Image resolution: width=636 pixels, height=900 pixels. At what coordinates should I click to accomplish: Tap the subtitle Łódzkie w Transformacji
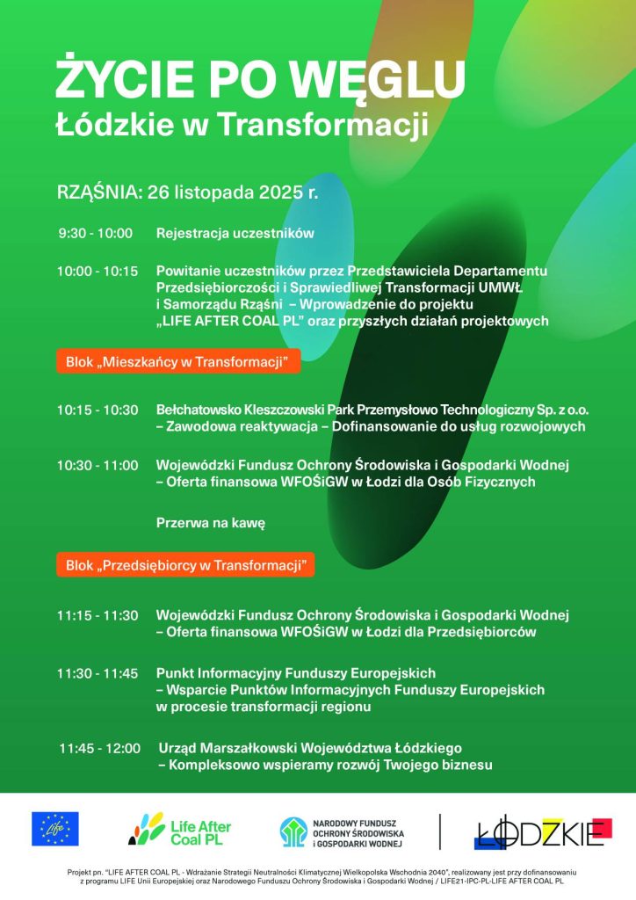tap(242, 124)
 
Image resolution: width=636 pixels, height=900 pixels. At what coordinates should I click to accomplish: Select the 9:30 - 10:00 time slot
tap(95, 234)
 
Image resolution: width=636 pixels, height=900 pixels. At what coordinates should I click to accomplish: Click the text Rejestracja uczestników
tap(235, 234)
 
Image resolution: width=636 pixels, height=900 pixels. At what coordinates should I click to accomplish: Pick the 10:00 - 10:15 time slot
tap(98, 272)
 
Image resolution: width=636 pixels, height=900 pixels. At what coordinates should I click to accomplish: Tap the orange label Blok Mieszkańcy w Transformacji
tap(179, 361)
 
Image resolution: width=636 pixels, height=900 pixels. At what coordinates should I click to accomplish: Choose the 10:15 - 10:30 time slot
tap(98, 410)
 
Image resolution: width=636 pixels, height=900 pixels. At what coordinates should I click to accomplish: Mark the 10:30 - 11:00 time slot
tap(98, 465)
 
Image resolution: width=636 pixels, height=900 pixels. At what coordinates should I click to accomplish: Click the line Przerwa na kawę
tap(210, 523)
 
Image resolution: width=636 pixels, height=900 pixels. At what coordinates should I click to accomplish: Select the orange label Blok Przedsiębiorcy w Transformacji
tap(185, 565)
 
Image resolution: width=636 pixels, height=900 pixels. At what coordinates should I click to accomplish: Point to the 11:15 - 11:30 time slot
tap(98, 614)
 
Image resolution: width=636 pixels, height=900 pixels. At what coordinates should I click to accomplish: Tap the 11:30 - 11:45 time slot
tap(98, 673)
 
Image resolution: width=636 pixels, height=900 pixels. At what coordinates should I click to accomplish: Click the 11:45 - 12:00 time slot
tap(99, 748)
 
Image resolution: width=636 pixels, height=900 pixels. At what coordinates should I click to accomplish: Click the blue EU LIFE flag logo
tap(55, 829)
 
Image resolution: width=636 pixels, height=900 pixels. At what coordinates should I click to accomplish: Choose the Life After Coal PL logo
tap(179, 829)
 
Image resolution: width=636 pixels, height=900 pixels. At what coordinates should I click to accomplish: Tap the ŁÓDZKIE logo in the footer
tap(541, 831)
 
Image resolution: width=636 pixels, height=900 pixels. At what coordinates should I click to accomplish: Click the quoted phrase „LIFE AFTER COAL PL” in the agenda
tap(230, 322)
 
